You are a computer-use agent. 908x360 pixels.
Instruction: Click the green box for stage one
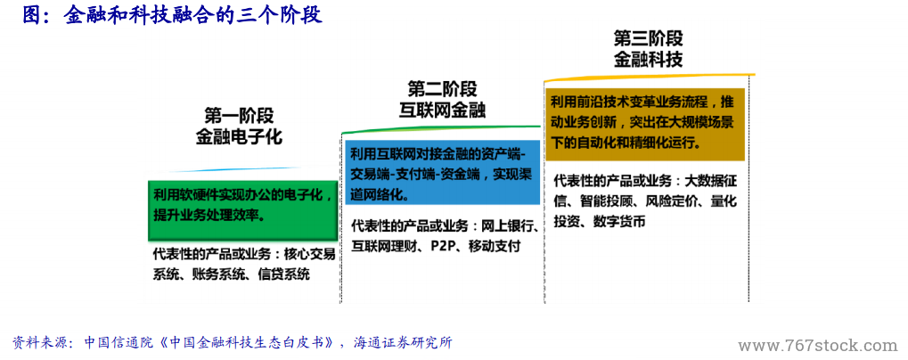(243, 209)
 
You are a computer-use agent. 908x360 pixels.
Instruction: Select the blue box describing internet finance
(443, 172)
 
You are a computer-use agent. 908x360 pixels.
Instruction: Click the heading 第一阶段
(239, 116)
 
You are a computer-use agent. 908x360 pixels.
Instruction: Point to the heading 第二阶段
(443, 90)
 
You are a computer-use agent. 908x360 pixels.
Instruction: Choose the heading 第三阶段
(648, 39)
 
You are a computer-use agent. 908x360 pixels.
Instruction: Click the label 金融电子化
(239, 136)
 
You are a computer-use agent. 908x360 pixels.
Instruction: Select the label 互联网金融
(443, 110)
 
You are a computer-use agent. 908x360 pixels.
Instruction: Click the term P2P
(441, 247)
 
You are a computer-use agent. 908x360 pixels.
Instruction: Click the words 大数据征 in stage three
(710, 181)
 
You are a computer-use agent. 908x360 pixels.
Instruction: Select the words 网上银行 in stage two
(508, 225)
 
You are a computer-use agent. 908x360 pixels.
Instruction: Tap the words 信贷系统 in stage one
(283, 274)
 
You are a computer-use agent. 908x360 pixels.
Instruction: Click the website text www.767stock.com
(818, 346)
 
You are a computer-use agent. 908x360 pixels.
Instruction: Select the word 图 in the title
(31, 14)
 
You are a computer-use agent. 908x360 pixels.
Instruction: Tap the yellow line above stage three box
(650, 77)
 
